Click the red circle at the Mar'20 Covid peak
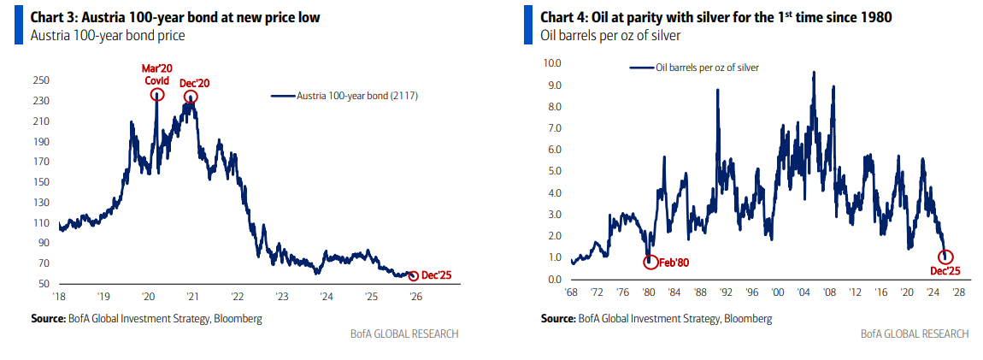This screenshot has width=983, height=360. (157, 94)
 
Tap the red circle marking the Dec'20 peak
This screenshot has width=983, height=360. (191, 97)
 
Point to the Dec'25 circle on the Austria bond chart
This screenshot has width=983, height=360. (415, 275)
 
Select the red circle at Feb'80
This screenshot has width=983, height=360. (650, 262)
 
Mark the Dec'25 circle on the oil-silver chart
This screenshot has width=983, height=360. (946, 257)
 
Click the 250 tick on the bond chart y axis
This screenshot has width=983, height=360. (41, 80)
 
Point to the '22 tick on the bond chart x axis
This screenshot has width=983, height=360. (237, 297)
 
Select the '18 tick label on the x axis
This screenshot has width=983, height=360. (59, 297)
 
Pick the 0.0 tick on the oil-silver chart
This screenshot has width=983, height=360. (555, 280)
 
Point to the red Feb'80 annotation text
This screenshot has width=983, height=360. (674, 263)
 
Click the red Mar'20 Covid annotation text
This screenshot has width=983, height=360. (157, 74)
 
